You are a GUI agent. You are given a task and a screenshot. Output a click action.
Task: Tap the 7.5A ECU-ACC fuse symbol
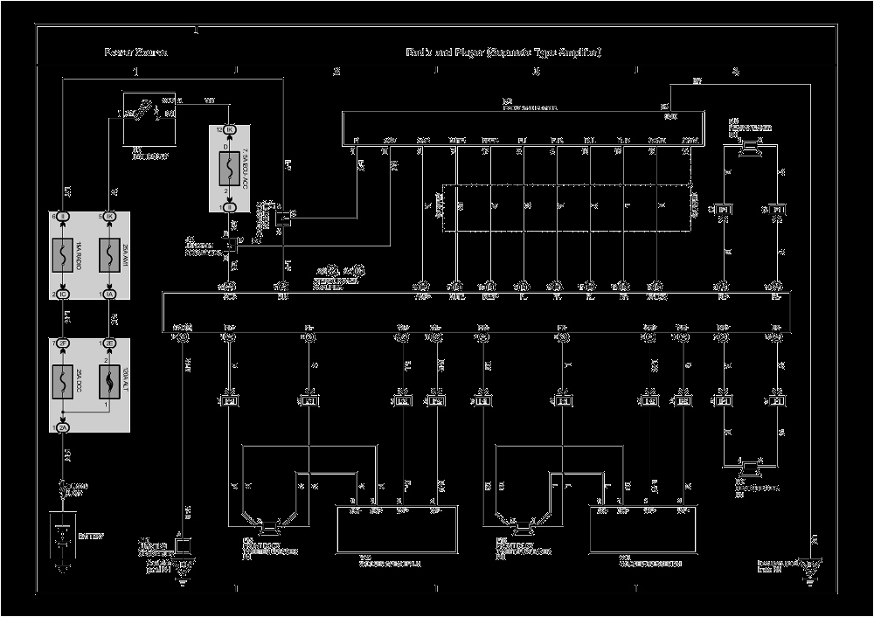pos(230,168)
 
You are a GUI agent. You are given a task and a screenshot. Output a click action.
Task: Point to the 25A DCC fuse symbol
pos(63,383)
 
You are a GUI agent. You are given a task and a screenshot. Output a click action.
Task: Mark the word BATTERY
pos(90,536)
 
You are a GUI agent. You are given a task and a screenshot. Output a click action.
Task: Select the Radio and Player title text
pos(503,52)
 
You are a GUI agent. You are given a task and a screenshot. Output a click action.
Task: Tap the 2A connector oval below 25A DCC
pos(63,427)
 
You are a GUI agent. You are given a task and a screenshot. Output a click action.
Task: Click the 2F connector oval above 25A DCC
pos(63,343)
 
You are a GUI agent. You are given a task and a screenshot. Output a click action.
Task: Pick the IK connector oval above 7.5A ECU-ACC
pos(230,130)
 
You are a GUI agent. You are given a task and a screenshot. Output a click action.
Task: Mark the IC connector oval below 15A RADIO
pos(63,295)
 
